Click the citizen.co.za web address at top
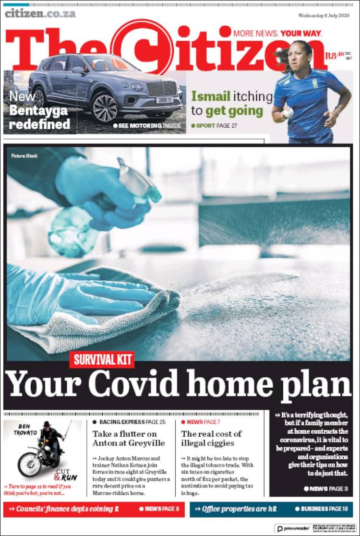click(40, 13)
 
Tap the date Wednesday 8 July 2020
click(324, 15)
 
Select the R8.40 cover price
click(335, 56)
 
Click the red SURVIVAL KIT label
click(101, 359)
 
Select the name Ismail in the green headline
click(211, 96)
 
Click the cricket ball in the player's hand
click(288, 113)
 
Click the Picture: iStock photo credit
click(24, 156)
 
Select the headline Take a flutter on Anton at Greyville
click(128, 438)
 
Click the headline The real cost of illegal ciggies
click(211, 438)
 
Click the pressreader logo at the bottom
click(294, 528)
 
